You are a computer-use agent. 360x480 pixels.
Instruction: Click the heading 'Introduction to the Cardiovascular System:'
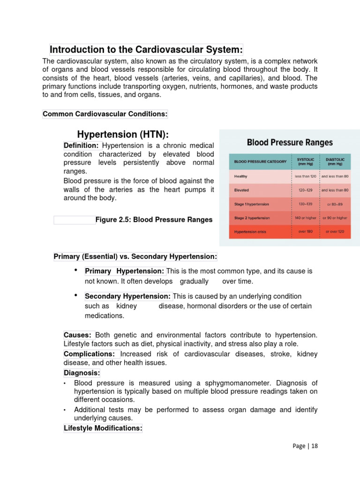click(146, 50)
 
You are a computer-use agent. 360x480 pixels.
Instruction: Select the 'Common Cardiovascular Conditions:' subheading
click(105, 114)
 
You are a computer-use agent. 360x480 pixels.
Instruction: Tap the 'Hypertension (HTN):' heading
click(123, 135)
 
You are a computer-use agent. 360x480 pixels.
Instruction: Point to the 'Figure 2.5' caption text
click(154, 219)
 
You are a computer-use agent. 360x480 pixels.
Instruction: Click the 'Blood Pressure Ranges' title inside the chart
click(290, 142)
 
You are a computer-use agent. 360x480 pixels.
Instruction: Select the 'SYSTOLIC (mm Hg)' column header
click(306, 161)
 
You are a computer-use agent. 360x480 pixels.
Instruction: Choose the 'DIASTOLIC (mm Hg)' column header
click(335, 161)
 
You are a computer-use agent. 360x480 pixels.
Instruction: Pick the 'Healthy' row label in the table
click(241, 176)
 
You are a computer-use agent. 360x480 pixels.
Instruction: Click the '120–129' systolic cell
click(306, 190)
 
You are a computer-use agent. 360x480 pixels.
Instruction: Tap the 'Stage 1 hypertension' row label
click(252, 204)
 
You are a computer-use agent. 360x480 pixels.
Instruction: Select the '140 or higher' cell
click(306, 218)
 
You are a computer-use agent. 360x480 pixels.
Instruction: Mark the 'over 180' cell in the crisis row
click(306, 232)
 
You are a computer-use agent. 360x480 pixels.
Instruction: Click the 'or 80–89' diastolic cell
click(335, 204)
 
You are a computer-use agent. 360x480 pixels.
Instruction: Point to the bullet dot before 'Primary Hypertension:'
click(76, 270)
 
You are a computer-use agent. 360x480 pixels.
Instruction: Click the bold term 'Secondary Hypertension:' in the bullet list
click(128, 296)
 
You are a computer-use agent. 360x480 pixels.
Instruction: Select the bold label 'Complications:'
click(90, 354)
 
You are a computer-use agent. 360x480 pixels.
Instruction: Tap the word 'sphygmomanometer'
click(210, 383)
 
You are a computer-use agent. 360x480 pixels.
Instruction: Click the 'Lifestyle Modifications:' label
click(103, 428)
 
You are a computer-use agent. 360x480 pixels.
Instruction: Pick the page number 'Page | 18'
click(305, 446)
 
